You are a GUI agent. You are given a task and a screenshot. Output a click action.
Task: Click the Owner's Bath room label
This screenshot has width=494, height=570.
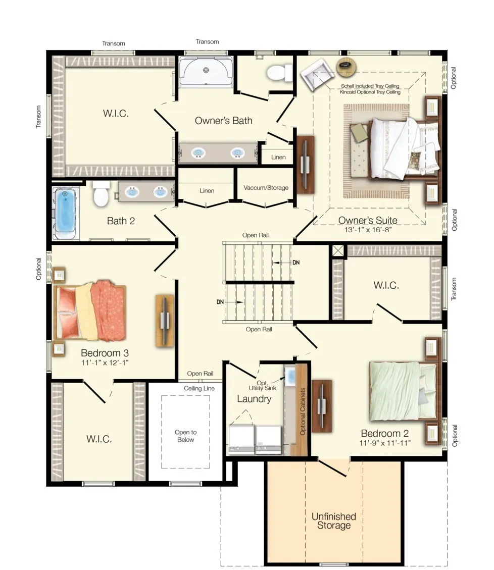223,121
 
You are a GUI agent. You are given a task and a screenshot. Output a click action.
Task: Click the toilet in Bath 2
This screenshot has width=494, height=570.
101,193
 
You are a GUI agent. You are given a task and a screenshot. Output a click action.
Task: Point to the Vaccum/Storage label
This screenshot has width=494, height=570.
266,188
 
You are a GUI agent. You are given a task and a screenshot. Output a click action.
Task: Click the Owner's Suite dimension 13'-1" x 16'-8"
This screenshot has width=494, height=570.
368,230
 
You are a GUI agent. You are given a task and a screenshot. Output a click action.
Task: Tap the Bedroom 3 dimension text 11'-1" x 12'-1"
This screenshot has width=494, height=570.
105,362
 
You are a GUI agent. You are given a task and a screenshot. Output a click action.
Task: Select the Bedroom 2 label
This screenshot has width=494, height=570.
384,433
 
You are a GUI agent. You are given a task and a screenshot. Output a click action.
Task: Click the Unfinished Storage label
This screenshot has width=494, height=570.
333,521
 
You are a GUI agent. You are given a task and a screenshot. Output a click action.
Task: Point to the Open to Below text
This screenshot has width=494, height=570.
185,436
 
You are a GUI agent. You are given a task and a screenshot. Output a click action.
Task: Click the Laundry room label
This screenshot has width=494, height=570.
254,399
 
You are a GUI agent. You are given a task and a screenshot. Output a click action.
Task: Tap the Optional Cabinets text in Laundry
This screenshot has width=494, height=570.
302,411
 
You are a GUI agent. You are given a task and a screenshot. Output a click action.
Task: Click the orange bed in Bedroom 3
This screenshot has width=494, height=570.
90,311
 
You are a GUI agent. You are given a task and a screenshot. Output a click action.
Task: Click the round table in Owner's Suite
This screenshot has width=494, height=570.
346,67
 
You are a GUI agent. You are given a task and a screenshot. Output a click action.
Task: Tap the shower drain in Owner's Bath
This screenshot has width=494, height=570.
206,70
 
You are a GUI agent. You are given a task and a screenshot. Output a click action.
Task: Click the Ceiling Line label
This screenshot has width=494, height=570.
199,388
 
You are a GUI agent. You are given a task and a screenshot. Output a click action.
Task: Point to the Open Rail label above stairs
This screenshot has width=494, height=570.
256,235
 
